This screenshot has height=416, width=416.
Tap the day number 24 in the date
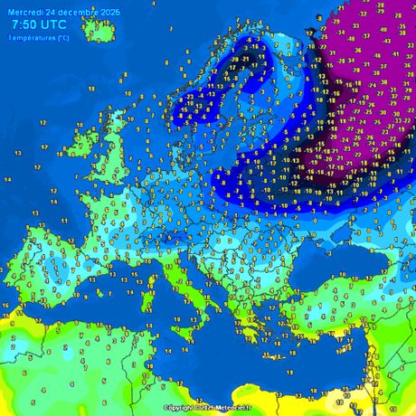point(52,10)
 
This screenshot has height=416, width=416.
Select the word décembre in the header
point(79,10)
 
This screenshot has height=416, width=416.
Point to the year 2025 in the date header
point(110,10)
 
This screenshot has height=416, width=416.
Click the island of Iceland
point(99,30)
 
